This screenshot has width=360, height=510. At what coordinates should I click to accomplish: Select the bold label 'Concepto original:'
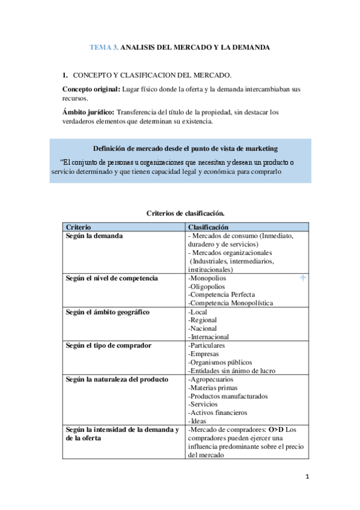(91, 89)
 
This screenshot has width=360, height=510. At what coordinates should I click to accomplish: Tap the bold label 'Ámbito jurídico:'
(88, 112)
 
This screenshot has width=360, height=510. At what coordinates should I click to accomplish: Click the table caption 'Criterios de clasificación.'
(186, 214)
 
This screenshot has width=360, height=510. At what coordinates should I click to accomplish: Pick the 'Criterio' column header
(79, 227)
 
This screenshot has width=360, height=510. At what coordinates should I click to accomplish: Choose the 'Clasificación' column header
(209, 227)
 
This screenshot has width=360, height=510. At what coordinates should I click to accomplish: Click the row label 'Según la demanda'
(94, 236)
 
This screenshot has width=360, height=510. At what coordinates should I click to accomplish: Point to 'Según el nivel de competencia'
(112, 278)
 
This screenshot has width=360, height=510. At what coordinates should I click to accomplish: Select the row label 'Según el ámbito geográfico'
(108, 312)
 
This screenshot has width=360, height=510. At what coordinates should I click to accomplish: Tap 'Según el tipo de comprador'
(109, 346)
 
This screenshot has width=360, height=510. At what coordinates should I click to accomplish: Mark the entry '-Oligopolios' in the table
(207, 287)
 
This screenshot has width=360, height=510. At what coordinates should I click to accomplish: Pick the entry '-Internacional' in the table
(209, 337)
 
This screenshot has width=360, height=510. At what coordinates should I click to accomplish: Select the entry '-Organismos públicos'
(220, 363)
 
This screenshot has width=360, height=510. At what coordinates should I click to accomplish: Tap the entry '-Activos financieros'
(218, 413)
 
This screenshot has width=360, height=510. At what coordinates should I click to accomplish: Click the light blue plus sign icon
(302, 278)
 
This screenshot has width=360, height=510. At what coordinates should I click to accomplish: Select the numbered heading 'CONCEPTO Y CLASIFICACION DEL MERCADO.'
(152, 75)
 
